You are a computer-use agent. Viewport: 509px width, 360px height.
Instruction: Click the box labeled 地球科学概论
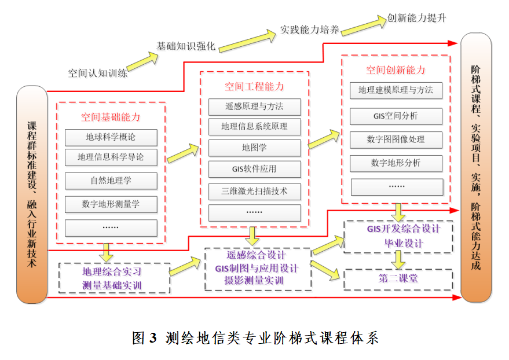[x=111, y=138]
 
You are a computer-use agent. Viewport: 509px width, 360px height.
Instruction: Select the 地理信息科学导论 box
[x=111, y=157]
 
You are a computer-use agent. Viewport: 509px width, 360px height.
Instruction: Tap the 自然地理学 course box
[x=111, y=181]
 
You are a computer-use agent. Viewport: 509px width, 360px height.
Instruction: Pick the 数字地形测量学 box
[x=111, y=204]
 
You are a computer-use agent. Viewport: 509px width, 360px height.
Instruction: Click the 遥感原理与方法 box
[x=254, y=107]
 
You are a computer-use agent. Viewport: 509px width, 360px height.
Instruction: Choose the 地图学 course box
[x=254, y=148]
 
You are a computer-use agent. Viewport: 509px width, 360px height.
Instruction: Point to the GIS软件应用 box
[x=254, y=169]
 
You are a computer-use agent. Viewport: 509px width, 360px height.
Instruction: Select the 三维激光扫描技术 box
[x=254, y=190]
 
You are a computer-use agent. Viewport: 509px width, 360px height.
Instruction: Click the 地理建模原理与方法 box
[x=396, y=90]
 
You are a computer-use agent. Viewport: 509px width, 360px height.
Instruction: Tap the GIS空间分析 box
[x=396, y=116]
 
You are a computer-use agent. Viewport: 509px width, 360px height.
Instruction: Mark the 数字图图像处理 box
[x=396, y=139]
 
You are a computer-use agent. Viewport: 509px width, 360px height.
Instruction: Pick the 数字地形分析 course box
[x=396, y=163]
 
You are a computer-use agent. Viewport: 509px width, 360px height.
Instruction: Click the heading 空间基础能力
[x=111, y=117]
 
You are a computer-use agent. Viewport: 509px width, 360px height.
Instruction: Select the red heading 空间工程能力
[x=254, y=87]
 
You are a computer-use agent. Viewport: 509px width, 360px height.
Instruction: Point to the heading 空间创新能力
[x=396, y=70]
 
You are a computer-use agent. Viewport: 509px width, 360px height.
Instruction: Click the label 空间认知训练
[x=98, y=73]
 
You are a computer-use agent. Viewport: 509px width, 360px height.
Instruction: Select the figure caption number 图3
[x=145, y=337]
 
